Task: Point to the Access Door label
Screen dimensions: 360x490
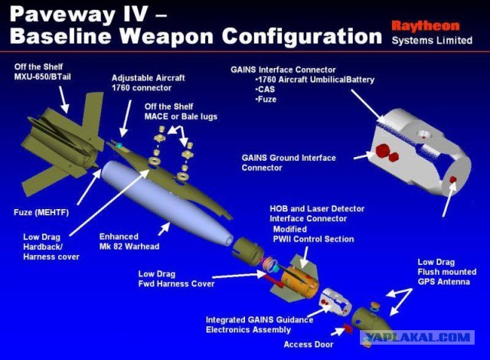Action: [309, 344]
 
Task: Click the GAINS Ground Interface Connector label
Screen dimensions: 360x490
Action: [289, 162]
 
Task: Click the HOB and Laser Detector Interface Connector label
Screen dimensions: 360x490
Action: [317, 213]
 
